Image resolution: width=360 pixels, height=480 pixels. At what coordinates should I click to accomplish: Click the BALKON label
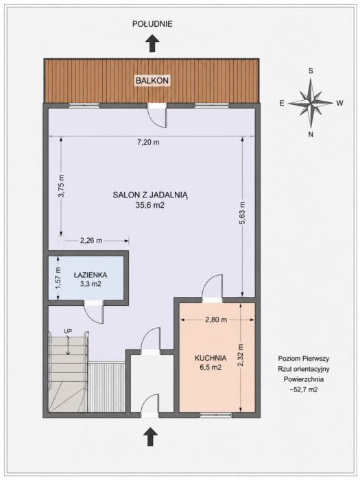(152, 81)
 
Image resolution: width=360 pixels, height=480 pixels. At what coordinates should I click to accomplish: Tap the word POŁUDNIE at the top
(152, 24)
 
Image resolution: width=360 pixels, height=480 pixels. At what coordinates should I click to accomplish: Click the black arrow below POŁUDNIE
(152, 43)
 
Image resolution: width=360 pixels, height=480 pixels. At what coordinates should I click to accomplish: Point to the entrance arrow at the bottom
(150, 436)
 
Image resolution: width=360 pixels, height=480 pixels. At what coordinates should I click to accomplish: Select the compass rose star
(311, 103)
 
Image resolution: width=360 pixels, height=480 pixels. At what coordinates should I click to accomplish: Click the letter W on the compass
(339, 103)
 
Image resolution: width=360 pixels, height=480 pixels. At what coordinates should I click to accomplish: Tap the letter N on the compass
(311, 134)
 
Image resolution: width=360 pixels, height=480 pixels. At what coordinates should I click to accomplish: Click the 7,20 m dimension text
(149, 143)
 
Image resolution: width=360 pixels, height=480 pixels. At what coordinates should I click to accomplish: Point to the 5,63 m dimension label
(242, 213)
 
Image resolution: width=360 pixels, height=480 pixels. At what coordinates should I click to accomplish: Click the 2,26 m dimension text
(91, 241)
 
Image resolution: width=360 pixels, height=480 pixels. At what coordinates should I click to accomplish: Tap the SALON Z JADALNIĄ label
(150, 195)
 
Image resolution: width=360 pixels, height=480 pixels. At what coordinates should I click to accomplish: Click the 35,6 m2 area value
(150, 206)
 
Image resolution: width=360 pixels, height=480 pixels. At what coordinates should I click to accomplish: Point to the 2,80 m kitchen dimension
(216, 320)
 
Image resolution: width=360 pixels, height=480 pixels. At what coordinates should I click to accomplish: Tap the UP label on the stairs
(68, 331)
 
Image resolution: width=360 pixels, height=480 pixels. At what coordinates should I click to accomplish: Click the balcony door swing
(157, 117)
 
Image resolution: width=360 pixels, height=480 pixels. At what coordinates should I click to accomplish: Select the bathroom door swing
(95, 313)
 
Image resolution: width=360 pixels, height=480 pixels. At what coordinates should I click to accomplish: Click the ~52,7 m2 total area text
(303, 389)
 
